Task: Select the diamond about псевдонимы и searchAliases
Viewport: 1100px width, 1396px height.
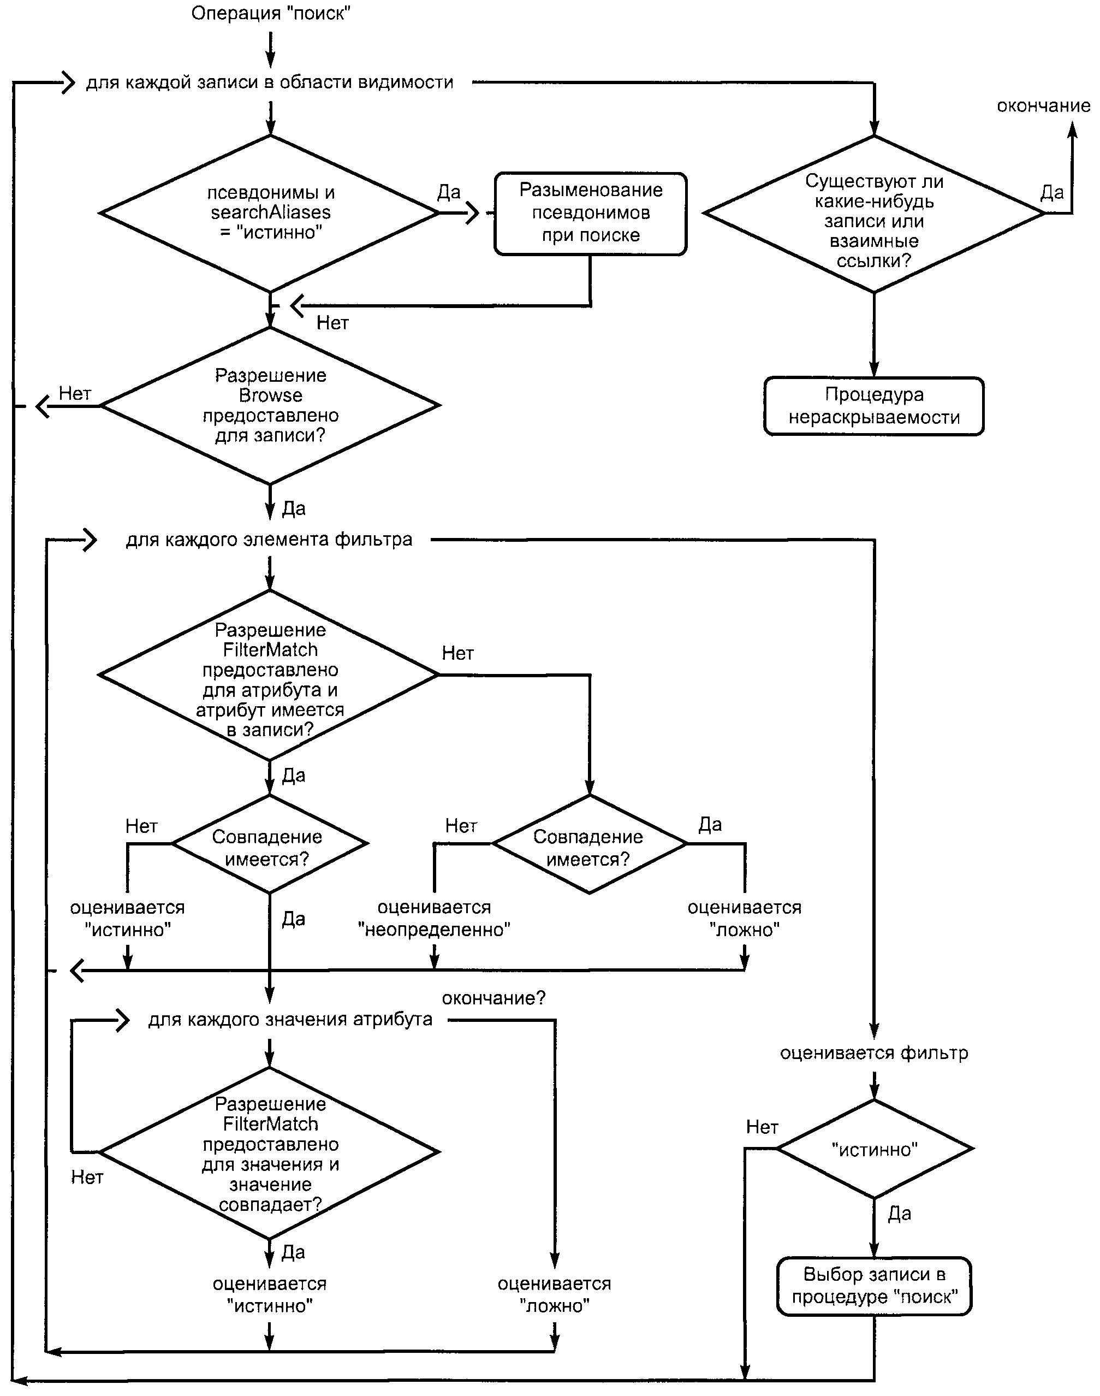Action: (x=270, y=213)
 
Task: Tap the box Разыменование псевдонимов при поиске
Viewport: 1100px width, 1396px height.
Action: (x=591, y=213)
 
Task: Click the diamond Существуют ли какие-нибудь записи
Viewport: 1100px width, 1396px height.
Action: (x=874, y=213)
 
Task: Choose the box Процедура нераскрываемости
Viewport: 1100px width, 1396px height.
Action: (x=874, y=406)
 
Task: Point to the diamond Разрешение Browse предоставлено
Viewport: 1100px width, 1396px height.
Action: (x=270, y=406)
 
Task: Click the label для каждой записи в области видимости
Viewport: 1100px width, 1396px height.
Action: (x=270, y=82)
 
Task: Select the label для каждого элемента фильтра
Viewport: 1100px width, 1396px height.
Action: (x=269, y=539)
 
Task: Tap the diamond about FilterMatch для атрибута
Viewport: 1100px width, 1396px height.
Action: (x=270, y=675)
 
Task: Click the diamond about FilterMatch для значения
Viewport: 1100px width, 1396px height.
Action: (x=270, y=1152)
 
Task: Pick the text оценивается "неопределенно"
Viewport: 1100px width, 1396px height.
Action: (x=434, y=918)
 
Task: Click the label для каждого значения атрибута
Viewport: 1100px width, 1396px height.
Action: (x=290, y=1019)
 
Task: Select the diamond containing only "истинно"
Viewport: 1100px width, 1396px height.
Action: (x=874, y=1149)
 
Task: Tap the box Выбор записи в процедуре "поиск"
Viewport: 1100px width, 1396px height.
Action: (x=874, y=1286)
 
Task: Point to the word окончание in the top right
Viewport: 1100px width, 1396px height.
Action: (x=1043, y=105)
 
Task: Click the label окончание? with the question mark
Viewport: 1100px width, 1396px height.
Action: (x=493, y=998)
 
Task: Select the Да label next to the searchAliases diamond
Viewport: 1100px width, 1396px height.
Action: (x=449, y=192)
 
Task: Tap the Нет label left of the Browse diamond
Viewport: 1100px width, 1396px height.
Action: (x=75, y=393)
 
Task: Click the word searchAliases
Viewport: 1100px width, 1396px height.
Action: (x=270, y=212)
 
